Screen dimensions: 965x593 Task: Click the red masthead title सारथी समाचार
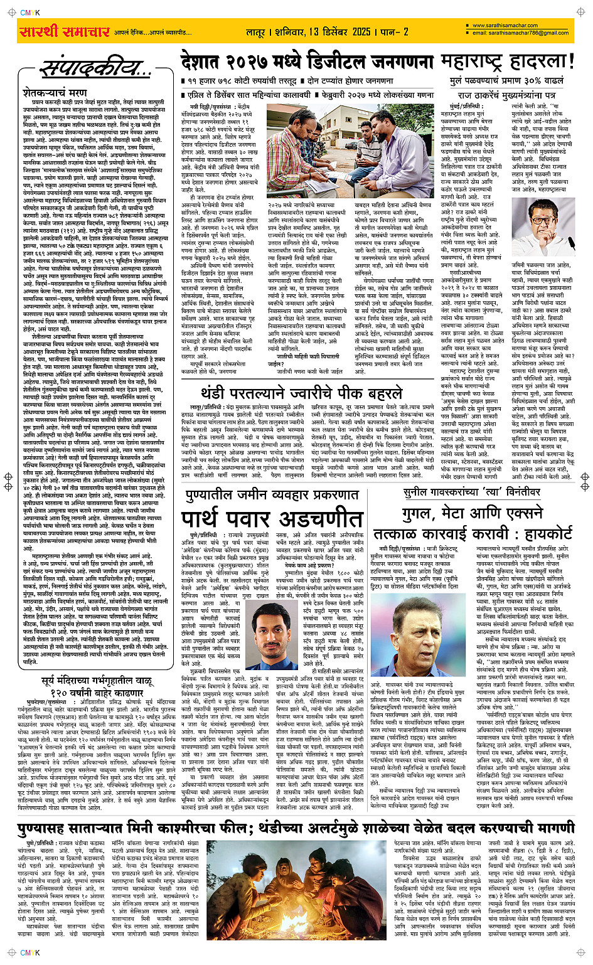click(65, 32)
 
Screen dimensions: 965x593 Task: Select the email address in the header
click(520, 33)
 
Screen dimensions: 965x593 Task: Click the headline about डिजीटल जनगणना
click(307, 63)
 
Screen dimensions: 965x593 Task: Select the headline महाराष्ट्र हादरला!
click(507, 62)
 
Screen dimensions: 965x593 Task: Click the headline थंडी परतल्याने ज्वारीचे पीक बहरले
click(301, 393)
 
